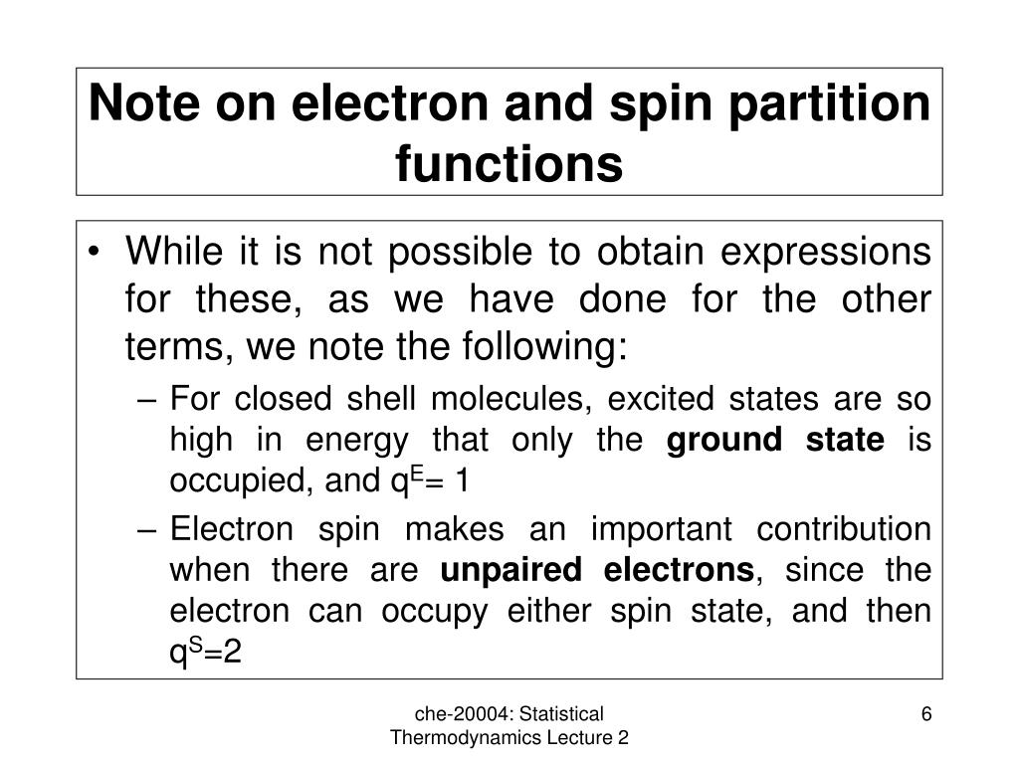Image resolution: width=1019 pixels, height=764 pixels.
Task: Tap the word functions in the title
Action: [509, 164]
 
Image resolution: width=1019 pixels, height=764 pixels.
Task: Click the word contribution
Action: [849, 529]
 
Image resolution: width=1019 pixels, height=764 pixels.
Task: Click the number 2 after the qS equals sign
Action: [233, 654]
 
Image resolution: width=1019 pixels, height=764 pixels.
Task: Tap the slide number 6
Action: [926, 714]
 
